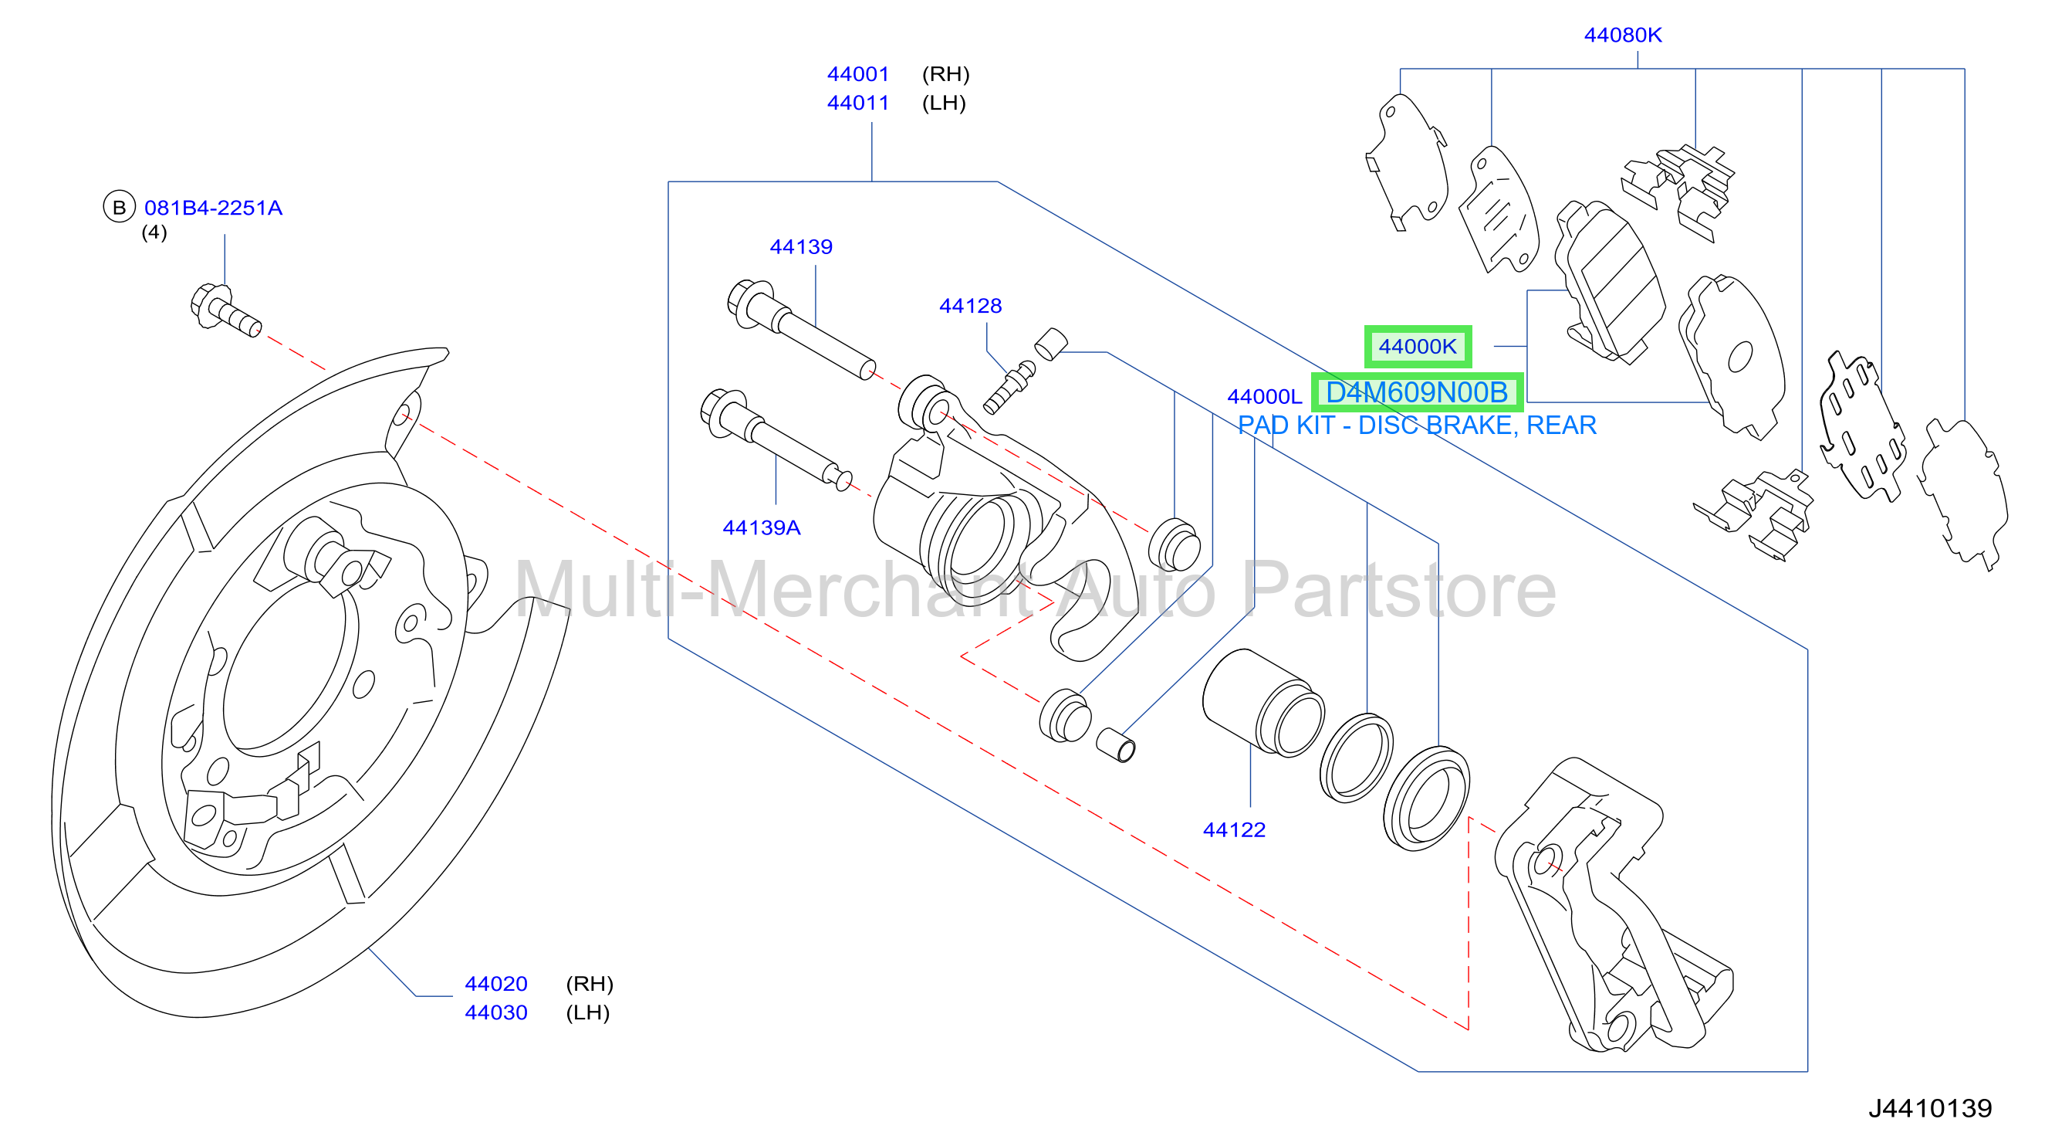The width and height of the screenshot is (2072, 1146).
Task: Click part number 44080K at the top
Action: [1622, 35]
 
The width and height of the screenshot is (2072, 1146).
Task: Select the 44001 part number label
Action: [857, 74]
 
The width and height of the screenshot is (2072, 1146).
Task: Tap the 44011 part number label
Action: [857, 103]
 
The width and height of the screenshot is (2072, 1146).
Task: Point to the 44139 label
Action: [800, 246]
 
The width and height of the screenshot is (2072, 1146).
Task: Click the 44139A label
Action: [761, 528]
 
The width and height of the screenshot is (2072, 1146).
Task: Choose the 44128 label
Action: [970, 306]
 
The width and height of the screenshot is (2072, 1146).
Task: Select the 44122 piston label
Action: [1234, 829]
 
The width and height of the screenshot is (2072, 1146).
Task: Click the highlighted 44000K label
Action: [1418, 347]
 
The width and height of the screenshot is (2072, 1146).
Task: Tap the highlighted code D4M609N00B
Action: [1417, 393]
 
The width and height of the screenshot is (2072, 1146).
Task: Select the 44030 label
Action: [495, 1012]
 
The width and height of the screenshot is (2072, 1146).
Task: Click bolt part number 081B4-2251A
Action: [213, 208]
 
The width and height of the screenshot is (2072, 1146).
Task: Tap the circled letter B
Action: [119, 208]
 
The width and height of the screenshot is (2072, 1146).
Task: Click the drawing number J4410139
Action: [1930, 1108]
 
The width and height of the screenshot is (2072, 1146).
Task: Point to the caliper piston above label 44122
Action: [1262, 703]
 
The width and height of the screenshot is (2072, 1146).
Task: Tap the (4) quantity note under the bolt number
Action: [154, 232]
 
